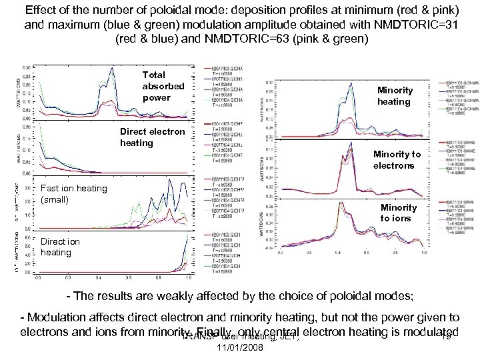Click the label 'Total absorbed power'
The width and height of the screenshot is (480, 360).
pos(163,86)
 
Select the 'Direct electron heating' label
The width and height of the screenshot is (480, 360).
pos(153,137)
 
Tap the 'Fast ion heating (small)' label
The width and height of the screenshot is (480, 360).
pos(73,193)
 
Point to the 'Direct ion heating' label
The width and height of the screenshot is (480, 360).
pos(60,247)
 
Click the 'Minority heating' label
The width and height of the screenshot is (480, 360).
pos(394,95)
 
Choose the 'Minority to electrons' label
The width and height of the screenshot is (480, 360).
pos(397,159)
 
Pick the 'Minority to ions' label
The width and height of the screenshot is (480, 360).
pos(399,212)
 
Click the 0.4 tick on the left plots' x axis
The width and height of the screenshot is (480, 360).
pos(98,277)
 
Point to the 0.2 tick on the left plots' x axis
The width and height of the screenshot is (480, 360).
pos(68,277)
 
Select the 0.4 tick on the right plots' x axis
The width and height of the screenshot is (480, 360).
pos(337,253)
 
